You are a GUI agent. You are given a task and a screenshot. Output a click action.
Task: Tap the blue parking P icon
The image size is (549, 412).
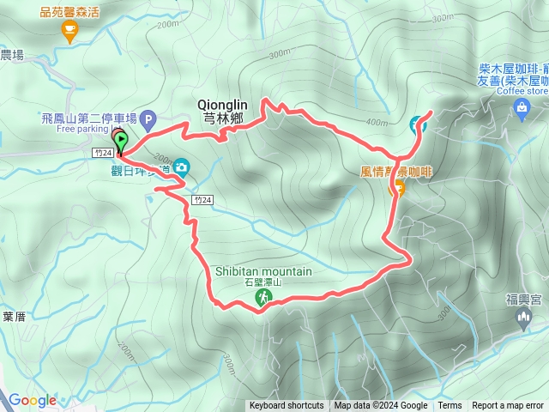tap(149, 119)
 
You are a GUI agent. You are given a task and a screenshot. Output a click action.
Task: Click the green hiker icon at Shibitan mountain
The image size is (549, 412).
tap(263, 298)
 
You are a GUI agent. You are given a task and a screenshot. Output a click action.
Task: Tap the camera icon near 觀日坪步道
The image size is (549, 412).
tap(181, 168)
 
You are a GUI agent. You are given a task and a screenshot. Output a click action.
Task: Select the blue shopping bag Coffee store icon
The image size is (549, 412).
tap(522, 106)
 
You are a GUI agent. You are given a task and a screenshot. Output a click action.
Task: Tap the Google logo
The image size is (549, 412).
tap(33, 400)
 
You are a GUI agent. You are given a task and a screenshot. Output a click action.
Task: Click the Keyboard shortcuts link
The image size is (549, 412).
tap(287, 406)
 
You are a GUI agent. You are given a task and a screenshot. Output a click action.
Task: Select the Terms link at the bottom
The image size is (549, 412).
tap(449, 406)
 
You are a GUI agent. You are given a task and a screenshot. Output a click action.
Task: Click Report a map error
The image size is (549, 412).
tap(509, 406)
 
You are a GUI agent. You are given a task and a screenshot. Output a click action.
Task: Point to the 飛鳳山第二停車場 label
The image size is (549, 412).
tap(89, 118)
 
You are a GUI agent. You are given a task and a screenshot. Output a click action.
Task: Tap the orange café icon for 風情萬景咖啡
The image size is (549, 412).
tap(397, 189)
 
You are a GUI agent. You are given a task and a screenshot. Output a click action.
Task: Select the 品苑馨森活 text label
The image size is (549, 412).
tap(69, 12)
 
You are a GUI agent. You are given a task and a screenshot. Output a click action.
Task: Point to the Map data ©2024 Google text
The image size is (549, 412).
tap(381, 406)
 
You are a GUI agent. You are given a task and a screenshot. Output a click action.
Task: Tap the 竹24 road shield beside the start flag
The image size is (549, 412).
tap(100, 152)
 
